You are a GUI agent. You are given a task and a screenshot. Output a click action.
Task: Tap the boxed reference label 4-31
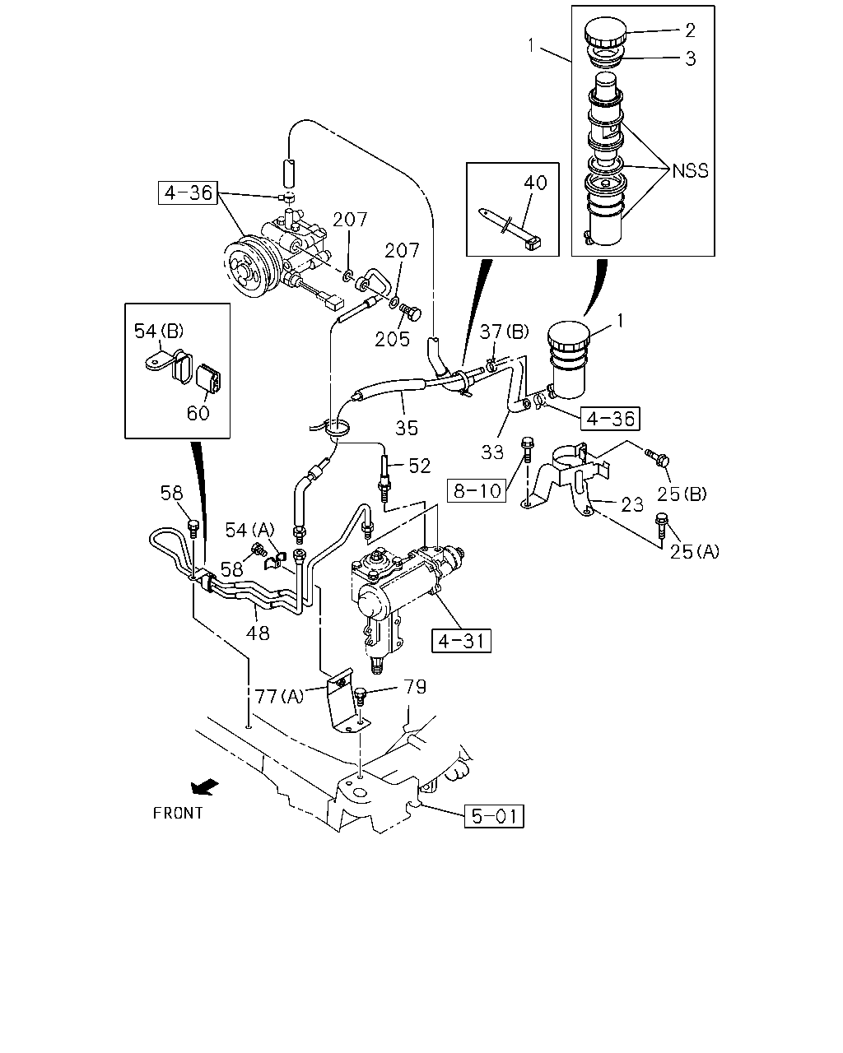tap(461, 641)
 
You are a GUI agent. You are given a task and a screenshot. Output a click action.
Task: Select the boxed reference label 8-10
tap(477, 490)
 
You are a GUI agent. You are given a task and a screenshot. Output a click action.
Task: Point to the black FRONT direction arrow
tap(205, 786)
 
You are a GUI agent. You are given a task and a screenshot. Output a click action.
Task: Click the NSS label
tap(690, 171)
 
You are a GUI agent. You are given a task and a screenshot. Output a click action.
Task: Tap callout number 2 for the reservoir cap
tap(690, 30)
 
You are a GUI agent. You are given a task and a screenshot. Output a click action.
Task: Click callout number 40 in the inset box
tap(535, 183)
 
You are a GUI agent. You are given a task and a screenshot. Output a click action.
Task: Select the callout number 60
tap(198, 413)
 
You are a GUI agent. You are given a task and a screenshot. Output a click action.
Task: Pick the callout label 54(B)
tap(159, 332)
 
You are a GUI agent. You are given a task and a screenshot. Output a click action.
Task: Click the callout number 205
tap(392, 339)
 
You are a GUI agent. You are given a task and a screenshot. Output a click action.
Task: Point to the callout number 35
tap(407, 428)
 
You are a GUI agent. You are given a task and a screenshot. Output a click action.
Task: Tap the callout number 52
tap(419, 466)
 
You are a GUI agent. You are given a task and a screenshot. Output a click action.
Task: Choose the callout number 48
tap(258, 633)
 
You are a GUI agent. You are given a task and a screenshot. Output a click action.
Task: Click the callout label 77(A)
tap(280, 696)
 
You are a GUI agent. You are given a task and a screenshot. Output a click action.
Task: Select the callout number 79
tap(415, 686)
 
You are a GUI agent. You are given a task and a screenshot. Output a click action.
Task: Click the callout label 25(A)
tap(695, 551)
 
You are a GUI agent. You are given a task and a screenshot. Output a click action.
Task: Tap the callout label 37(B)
tap(504, 332)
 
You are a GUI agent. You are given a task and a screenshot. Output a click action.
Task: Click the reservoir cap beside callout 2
tap(605, 30)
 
